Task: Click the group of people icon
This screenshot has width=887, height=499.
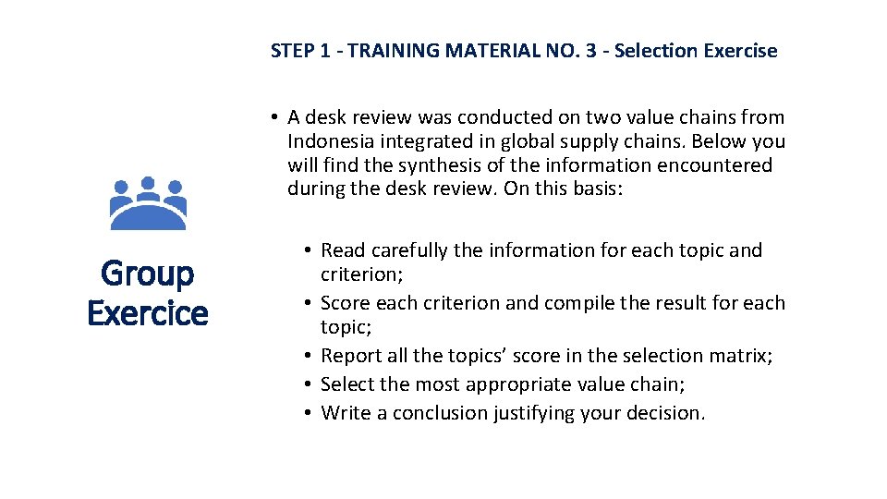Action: [148, 203]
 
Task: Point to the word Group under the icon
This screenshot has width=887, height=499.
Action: [148, 274]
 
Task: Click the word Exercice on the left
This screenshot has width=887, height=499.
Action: [148, 313]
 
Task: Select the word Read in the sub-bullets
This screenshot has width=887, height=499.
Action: [344, 250]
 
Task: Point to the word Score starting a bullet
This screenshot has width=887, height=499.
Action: [346, 303]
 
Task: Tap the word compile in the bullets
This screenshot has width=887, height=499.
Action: [571, 303]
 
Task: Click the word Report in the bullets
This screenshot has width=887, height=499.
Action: [351, 356]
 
